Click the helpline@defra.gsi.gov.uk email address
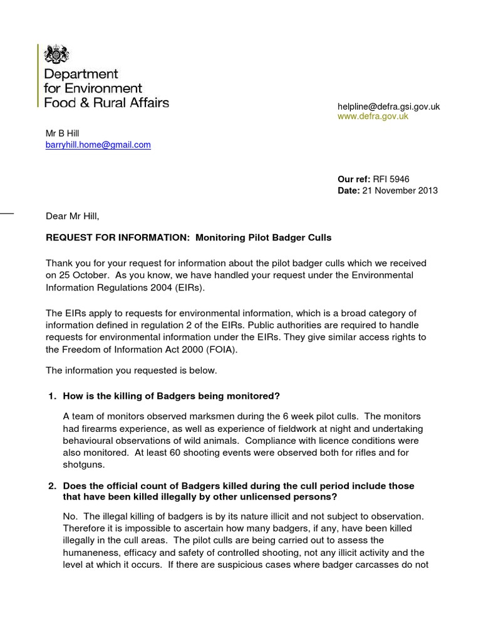point(388,106)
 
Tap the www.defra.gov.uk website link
point(373,116)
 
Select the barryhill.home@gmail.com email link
point(98,145)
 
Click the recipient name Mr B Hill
point(63,133)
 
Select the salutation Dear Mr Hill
point(73,217)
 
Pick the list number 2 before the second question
point(51,486)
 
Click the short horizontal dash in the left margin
point(7,214)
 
